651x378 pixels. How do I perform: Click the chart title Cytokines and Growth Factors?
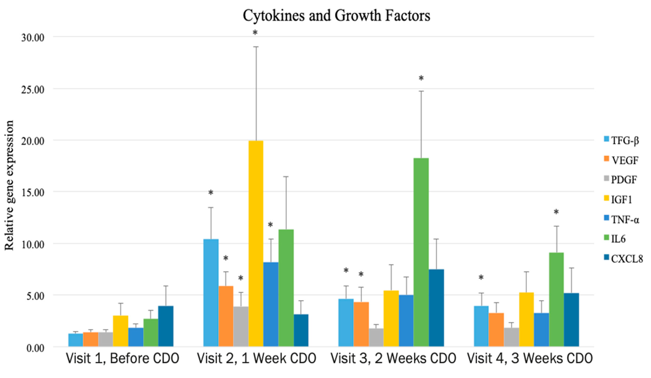point(336,16)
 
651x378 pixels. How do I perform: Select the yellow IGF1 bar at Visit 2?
point(256,243)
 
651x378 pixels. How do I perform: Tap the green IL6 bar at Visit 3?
point(421,252)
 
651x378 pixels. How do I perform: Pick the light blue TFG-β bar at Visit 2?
point(211,293)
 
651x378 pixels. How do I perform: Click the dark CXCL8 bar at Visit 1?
point(166,326)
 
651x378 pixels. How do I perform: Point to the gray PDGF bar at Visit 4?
point(512,337)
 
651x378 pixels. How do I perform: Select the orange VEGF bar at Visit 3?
point(361,324)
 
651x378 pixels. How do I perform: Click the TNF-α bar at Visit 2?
point(271,304)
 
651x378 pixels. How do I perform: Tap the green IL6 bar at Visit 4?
point(556,299)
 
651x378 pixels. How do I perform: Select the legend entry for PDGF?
point(620,180)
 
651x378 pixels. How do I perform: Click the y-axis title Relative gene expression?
point(9,185)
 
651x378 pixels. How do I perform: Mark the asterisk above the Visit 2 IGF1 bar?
point(255,33)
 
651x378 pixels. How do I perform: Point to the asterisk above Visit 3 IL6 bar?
point(421,78)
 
